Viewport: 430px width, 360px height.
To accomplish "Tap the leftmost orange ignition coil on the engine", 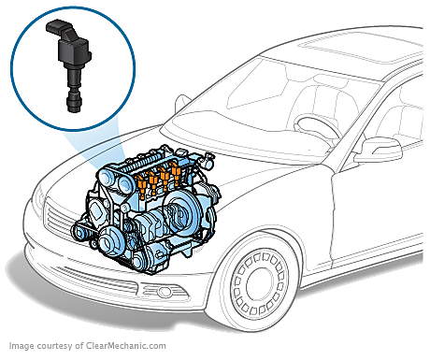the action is [x=141, y=185].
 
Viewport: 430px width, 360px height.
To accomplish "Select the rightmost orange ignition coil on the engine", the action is [x=176, y=172].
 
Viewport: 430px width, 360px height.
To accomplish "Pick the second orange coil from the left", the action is [x=152, y=180].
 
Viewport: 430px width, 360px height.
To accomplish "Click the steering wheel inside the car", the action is [x=316, y=127].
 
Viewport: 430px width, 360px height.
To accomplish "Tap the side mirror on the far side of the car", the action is [x=181, y=102].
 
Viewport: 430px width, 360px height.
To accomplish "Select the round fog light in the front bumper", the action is [x=165, y=292].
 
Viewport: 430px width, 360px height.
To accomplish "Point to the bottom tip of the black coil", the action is [x=72, y=110].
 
